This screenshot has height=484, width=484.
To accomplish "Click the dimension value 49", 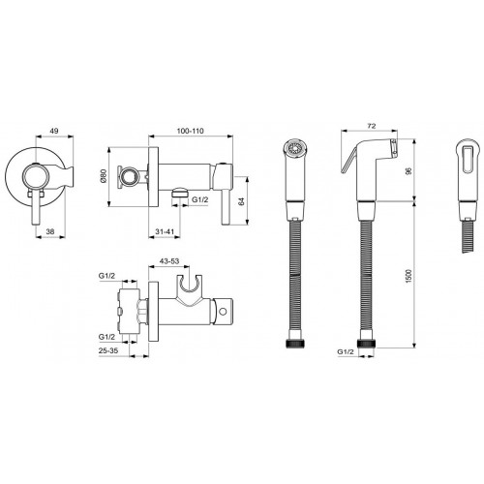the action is tap(54, 131).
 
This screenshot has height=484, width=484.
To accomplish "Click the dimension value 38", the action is tap(50, 231).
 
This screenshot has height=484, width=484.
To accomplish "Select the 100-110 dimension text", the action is tap(191, 131).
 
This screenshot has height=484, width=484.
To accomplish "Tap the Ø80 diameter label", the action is tap(104, 177).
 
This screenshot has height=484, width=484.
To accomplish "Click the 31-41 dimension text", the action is tap(165, 231).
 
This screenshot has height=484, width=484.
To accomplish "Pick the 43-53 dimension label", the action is tap(169, 261).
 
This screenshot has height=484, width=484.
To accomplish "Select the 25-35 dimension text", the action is tap(108, 350).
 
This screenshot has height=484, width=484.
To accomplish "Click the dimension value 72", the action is tap(372, 126).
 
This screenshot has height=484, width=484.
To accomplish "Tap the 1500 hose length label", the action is tap(408, 276).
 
